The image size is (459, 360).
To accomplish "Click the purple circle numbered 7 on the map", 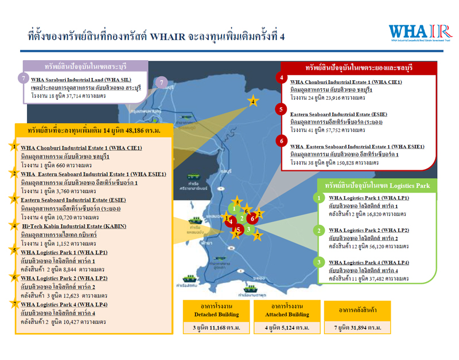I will click(x=162, y=83).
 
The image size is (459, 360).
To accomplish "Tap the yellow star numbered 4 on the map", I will click(x=253, y=102).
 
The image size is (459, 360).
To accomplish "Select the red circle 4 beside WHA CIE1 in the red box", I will click(x=280, y=78).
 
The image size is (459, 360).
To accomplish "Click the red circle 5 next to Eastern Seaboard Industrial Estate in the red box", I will click(x=280, y=109).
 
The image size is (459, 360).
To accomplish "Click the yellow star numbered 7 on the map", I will click(x=258, y=236).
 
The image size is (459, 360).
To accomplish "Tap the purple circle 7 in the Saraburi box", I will click(x=23, y=77).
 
